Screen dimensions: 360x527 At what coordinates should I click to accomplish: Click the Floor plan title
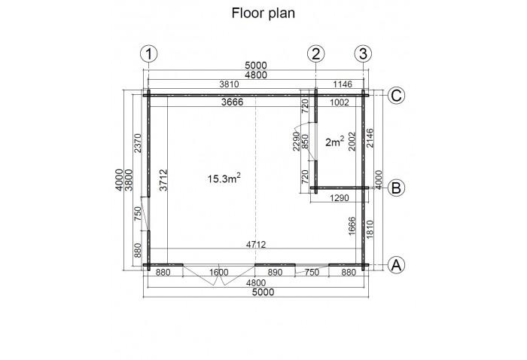coord(263,13)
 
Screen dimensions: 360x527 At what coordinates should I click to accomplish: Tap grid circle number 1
coord(150,53)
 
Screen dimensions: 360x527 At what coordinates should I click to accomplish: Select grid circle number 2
coord(316,53)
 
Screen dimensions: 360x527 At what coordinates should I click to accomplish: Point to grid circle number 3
coord(364,53)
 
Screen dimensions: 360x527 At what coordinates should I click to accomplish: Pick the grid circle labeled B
coord(397,188)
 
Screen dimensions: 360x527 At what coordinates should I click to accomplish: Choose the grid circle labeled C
coord(397,95)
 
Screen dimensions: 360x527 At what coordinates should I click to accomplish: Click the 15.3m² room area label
coord(224,178)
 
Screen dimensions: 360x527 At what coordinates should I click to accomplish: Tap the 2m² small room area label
coord(334,141)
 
